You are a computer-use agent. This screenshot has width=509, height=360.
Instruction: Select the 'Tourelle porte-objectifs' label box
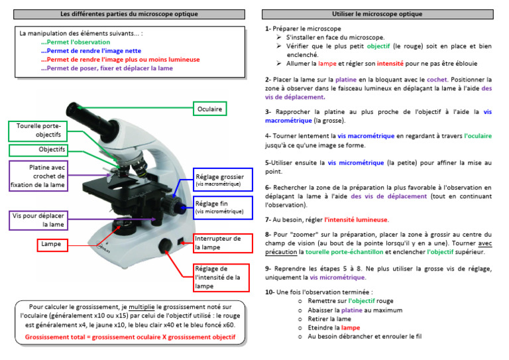click(x=37, y=130)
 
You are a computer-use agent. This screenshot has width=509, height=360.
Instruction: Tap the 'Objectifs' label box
click(x=47, y=150)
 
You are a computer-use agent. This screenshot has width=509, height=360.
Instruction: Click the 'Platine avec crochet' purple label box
click(x=37, y=176)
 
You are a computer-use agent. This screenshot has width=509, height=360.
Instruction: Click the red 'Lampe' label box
click(x=51, y=245)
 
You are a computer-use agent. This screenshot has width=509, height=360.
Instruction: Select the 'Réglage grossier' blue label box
click(x=219, y=181)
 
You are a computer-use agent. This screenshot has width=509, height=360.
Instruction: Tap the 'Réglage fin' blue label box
click(x=219, y=208)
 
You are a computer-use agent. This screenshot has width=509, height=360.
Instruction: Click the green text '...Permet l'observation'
click(x=75, y=42)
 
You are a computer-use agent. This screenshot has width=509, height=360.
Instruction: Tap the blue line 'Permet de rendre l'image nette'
click(x=91, y=50)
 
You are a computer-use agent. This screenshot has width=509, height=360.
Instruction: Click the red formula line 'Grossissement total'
click(x=130, y=337)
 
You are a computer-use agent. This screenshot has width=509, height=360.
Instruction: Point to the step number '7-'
click(x=268, y=219)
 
